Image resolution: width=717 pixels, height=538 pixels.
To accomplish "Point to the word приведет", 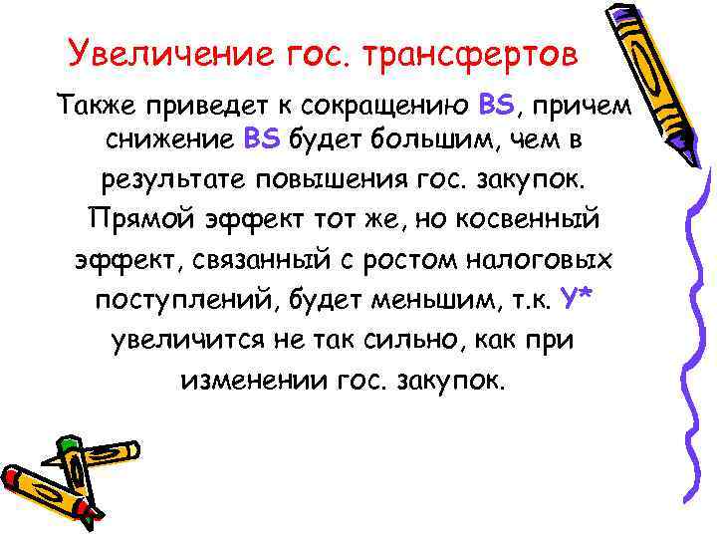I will point(213,104).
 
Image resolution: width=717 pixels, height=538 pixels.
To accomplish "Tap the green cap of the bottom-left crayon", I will point(66,441).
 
